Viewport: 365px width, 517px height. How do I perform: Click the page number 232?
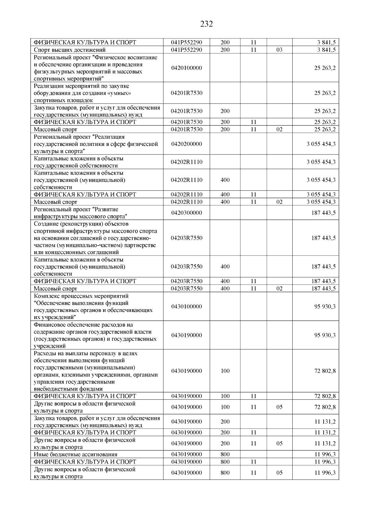(207, 24)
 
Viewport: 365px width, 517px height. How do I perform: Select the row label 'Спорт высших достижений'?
(70, 50)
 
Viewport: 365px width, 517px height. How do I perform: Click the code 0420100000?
(186, 68)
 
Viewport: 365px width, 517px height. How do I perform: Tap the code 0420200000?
(186, 144)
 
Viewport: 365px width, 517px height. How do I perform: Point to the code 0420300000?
(186, 213)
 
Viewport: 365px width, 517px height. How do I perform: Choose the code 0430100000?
(186, 306)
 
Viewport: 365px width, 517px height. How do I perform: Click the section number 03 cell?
(279, 50)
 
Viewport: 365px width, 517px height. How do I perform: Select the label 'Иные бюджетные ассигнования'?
(75, 454)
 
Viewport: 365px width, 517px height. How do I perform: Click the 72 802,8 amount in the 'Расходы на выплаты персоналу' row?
(325, 371)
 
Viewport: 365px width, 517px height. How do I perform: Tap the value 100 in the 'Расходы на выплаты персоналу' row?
(225, 371)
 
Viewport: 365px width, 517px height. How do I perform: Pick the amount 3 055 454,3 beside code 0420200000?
(321, 144)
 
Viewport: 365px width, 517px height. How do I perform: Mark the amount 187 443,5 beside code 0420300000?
(323, 213)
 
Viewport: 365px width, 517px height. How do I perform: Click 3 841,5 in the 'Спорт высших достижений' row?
(327, 50)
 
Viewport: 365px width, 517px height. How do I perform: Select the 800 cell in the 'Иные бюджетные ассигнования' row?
(225, 454)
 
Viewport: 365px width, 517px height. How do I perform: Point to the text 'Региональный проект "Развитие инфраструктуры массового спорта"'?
(80, 213)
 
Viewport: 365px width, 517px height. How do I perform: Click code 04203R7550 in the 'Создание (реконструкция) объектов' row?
(186, 238)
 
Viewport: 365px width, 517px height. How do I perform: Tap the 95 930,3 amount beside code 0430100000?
(325, 306)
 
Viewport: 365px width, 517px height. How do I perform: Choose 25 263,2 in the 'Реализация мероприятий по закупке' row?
(325, 93)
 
